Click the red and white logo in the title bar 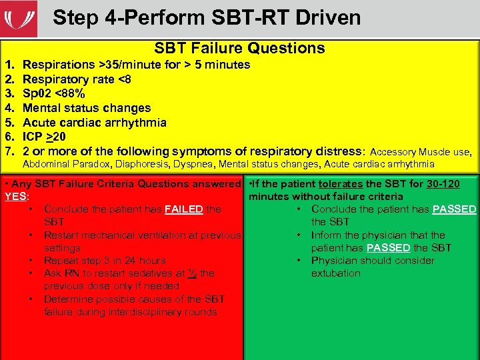[x=19, y=18]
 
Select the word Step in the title [x=74, y=17]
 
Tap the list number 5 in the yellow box [x=9, y=123]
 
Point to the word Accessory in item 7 [x=393, y=152]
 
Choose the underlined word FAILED [x=184, y=209]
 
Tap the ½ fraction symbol [x=191, y=273]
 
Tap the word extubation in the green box [x=336, y=273]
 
